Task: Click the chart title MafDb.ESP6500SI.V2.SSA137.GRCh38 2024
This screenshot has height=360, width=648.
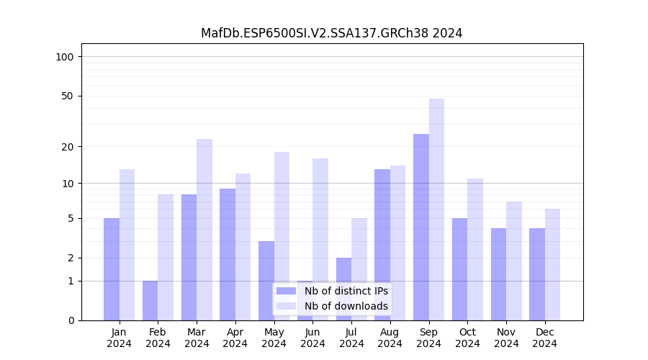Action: click(x=331, y=33)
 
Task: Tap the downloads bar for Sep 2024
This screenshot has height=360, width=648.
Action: click(x=436, y=209)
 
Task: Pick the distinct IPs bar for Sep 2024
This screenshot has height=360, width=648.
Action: click(x=421, y=227)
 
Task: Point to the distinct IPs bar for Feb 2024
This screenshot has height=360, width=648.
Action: click(x=150, y=300)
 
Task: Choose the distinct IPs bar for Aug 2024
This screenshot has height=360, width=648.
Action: click(x=382, y=245)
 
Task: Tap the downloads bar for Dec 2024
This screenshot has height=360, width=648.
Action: click(x=552, y=264)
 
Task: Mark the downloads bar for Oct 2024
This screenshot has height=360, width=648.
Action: click(x=475, y=249)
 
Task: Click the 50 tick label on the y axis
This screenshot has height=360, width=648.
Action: click(x=68, y=96)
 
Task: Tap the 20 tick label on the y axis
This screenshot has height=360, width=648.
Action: click(x=68, y=147)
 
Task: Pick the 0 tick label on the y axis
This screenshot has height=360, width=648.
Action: click(x=71, y=320)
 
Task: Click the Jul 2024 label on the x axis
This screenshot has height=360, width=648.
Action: click(x=351, y=338)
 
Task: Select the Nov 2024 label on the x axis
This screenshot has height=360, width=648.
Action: click(x=506, y=338)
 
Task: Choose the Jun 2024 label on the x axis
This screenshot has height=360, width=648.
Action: click(x=312, y=338)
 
